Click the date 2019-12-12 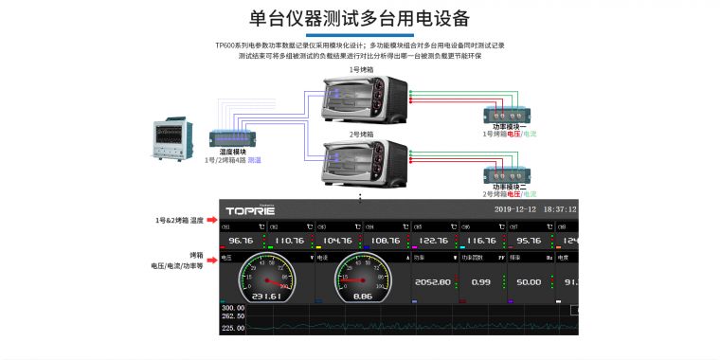pos(516,209)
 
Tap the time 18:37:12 pos(559,209)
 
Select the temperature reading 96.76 pos(241,241)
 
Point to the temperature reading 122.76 pos(433,241)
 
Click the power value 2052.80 pos(432,282)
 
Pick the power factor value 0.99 pos(481,282)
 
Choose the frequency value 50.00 pos(529,282)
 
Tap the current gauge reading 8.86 pos(362,297)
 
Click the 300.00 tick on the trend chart pos(232,308)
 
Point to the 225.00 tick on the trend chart pos(232,328)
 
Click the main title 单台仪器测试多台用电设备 pos(359,19)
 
